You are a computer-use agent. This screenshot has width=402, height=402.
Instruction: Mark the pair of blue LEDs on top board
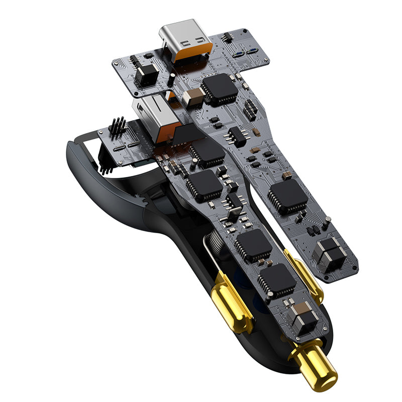(x=246, y=53)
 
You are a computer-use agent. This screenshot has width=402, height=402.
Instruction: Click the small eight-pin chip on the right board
(x=236, y=135)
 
